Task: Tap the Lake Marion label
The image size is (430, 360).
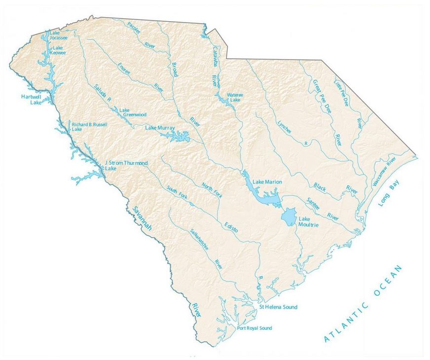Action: pos(267,182)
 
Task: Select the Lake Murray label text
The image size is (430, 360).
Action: pos(160,128)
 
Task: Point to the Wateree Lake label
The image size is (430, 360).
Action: pos(233,97)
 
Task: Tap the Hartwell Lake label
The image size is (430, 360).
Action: pos(31,100)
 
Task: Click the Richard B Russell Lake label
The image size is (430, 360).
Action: pos(89,127)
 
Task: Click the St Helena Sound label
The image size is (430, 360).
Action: pos(278,307)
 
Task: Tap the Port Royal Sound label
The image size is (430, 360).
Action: pos(254,328)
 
